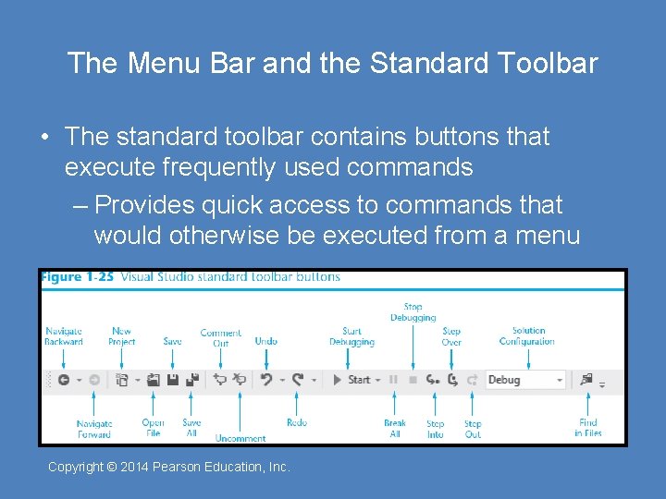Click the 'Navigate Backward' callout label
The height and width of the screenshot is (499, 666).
coord(64,336)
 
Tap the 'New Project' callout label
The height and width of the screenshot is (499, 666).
coord(121,336)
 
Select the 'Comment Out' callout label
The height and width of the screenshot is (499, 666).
coord(220,338)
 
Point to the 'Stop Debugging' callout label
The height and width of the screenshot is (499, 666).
coord(413,312)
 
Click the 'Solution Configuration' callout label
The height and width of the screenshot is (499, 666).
coord(527,335)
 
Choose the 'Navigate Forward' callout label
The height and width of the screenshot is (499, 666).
coord(93,430)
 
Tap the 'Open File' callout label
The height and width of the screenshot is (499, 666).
coord(154,428)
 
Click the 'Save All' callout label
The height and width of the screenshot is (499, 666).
coord(191,428)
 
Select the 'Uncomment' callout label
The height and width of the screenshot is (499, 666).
coord(240,438)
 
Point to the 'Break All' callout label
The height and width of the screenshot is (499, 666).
coord(395,429)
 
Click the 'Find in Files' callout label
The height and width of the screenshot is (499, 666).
coord(588,428)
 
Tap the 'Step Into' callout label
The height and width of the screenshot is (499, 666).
coord(435,429)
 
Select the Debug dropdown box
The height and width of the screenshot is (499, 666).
coord(524,380)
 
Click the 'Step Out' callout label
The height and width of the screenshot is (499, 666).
coord(473,429)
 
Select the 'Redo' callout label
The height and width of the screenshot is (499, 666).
coord(297,422)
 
